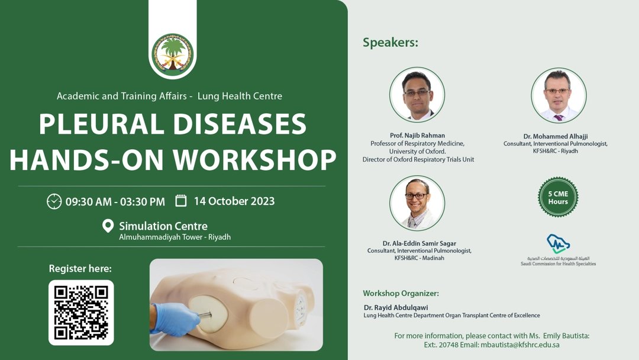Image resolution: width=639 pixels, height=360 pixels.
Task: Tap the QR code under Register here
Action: pyautogui.click(x=81, y=312)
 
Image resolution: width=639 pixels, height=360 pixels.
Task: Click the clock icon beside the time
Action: pyautogui.click(x=54, y=201)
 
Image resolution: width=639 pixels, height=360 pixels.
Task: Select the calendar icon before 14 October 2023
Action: pyautogui.click(x=181, y=201)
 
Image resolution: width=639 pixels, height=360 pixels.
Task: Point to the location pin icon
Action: pyautogui.click(x=108, y=226)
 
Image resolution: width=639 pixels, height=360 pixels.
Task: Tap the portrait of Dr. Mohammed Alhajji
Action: pyautogui.click(x=558, y=95)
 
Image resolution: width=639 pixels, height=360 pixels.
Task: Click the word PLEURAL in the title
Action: pyautogui.click(x=101, y=124)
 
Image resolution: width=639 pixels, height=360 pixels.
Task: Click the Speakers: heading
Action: pyautogui.click(x=390, y=43)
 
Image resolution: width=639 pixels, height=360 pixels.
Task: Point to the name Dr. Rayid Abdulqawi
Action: pyautogui.click(x=396, y=307)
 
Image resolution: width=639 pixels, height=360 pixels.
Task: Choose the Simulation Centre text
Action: pyautogui.click(x=163, y=226)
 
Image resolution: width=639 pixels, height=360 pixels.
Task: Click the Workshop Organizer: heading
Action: pyautogui.click(x=401, y=293)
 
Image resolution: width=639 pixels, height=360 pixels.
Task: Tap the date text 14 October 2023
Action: pyautogui.click(x=234, y=201)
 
